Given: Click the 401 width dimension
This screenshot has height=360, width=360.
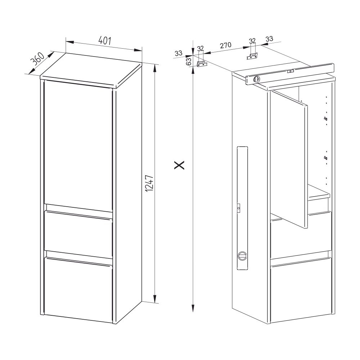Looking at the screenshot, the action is pos(105,41).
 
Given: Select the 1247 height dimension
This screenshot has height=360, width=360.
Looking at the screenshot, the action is pos(149,184).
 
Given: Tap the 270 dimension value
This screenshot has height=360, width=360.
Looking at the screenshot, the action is pos(226,45).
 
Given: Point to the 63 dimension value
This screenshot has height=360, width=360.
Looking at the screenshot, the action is pos(189,62).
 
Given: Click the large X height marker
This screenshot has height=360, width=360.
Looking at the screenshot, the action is pos(179,165).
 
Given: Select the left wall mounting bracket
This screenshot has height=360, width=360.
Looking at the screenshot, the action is pos(202,64).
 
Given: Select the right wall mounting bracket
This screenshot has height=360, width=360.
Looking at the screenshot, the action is pos(253,56).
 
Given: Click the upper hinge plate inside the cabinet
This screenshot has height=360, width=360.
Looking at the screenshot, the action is pos(325,119).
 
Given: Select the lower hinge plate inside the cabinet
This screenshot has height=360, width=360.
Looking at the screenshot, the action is pos(325,158).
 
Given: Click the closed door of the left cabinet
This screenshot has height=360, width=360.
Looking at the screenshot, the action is pos(78,145).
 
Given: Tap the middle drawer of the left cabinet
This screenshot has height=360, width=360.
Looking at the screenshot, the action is pos(78,234).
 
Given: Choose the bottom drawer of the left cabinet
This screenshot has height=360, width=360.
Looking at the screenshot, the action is pos(78,289).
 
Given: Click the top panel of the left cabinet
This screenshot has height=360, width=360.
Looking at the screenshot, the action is pos(91,70).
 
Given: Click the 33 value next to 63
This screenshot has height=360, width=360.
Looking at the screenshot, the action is pos(179,53).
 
